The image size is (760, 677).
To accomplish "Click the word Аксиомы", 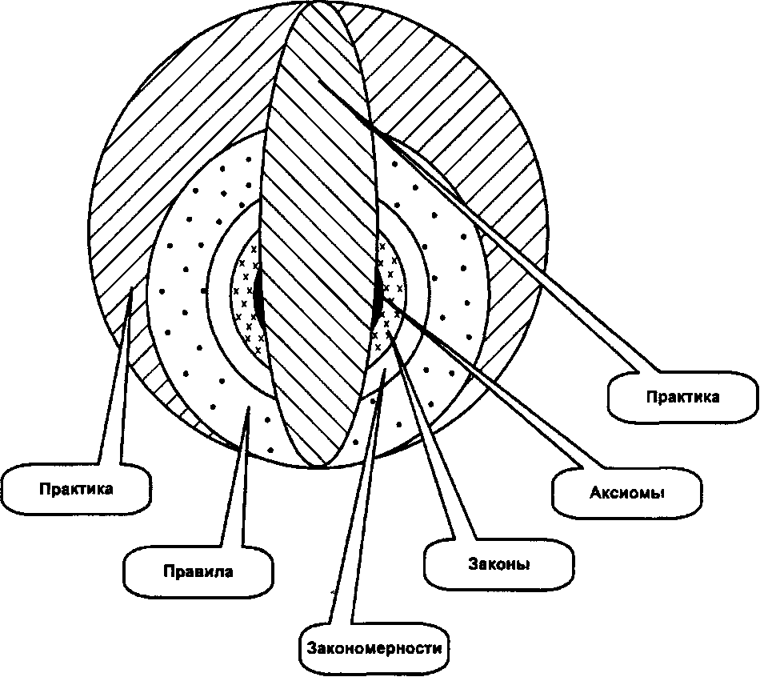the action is coord(626,493).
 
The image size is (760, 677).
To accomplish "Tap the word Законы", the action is coord(498,564).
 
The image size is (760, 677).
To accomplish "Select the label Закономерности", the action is coord(374,648).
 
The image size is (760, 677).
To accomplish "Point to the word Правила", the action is coord(198,571).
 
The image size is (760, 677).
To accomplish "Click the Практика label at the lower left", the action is coord(76,488).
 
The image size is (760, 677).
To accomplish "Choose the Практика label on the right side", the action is coord(682,397).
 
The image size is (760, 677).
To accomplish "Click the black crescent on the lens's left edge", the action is coord(258,294).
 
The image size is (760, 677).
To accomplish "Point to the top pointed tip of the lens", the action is coord(310,2).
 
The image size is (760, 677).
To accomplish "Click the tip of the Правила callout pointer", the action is coord(248,407).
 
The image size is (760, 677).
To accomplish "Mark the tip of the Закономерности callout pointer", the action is coord(384,370).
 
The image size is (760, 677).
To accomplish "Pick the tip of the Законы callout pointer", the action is coord(388,331).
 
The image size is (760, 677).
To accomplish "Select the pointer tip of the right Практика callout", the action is coord(318,79).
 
